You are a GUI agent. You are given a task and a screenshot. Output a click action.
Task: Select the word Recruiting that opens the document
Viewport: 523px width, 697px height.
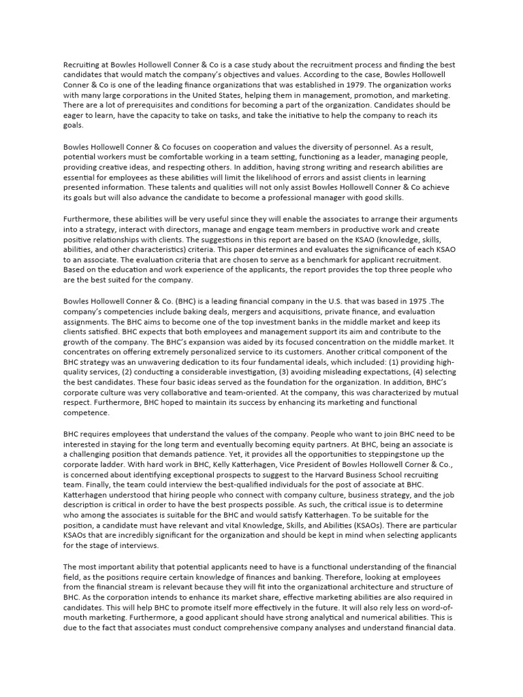click(x=83, y=65)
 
